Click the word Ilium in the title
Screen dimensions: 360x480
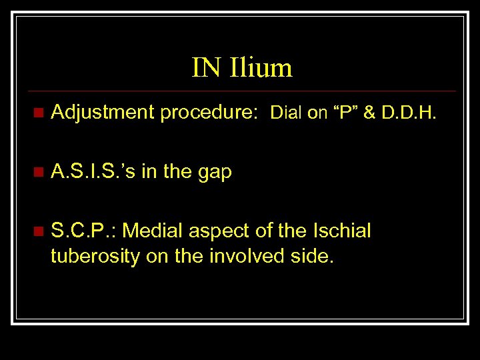click(x=261, y=67)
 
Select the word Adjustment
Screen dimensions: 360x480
click(x=103, y=113)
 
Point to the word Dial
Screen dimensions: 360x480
click(x=286, y=113)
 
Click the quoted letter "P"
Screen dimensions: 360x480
click(x=346, y=113)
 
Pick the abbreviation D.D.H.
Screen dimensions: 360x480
click(x=409, y=113)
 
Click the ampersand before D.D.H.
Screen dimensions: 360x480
click(x=371, y=113)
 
